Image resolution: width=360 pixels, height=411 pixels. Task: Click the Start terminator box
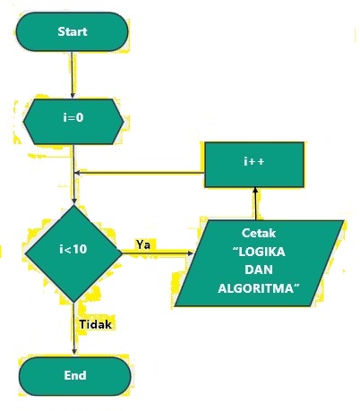(x=73, y=31)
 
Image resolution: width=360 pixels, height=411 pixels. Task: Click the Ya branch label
(x=143, y=243)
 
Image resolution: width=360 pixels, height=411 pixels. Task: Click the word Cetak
(x=259, y=232)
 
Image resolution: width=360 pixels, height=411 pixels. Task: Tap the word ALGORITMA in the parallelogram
(x=259, y=289)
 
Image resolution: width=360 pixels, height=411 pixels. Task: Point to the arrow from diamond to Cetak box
(x=158, y=253)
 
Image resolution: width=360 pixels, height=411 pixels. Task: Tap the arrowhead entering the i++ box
(x=256, y=191)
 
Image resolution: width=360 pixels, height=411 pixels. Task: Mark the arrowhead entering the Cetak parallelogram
(x=189, y=253)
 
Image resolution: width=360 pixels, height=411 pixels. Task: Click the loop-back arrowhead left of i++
(x=78, y=173)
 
